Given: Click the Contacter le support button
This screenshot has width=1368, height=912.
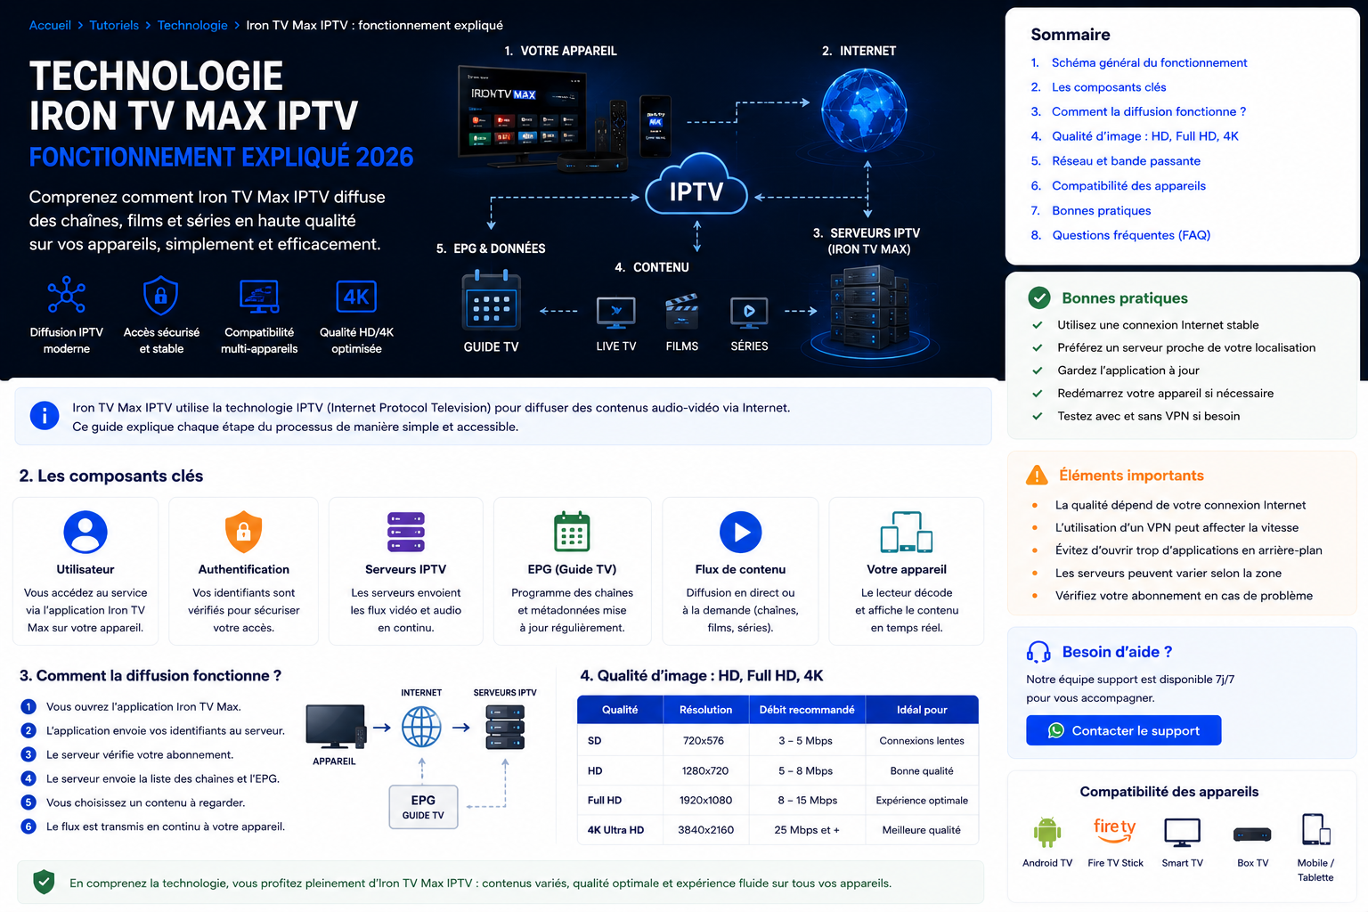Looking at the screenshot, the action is (1123, 730).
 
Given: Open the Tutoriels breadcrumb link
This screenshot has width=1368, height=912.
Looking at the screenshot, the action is (114, 25).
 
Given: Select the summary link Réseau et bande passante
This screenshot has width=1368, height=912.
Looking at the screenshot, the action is (1126, 160).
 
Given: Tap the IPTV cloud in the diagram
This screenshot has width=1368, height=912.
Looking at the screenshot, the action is (696, 185).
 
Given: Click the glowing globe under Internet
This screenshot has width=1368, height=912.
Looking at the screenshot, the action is (864, 110).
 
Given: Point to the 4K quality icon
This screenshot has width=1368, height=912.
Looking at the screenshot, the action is (356, 297).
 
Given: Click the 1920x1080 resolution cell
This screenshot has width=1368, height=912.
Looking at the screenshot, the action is (705, 800).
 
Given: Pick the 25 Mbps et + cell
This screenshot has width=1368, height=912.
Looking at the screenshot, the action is (807, 829).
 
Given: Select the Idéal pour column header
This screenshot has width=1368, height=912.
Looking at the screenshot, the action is (922, 710).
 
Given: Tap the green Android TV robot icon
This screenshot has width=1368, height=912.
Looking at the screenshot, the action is (1047, 832).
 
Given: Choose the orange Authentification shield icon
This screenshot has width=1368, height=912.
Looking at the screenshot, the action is (243, 532).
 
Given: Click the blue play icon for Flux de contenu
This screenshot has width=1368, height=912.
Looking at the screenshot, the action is (740, 532).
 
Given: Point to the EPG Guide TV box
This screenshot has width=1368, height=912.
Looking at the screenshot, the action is (423, 807).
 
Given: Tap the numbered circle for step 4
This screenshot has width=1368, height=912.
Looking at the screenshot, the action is (28, 778).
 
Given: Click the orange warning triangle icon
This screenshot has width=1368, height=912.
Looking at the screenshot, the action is (1037, 476).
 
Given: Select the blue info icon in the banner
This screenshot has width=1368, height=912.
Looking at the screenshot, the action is (45, 416).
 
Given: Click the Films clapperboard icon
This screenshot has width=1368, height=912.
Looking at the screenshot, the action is (681, 311).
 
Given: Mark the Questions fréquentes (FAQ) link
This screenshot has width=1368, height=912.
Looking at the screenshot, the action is (1131, 235).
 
